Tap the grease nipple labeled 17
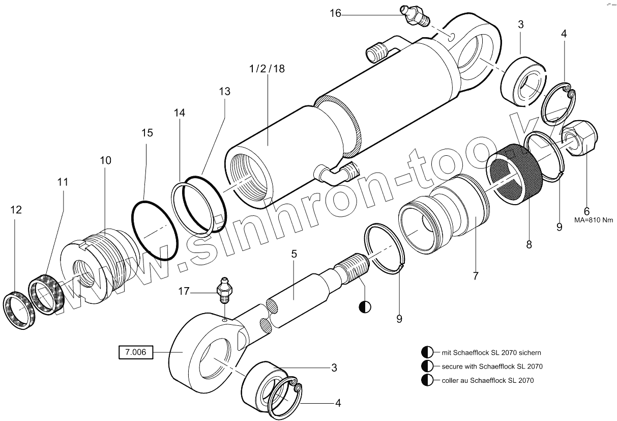224,289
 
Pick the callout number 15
147,133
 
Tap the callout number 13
225,92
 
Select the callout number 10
105,160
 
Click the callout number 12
16,209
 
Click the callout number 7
476,276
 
